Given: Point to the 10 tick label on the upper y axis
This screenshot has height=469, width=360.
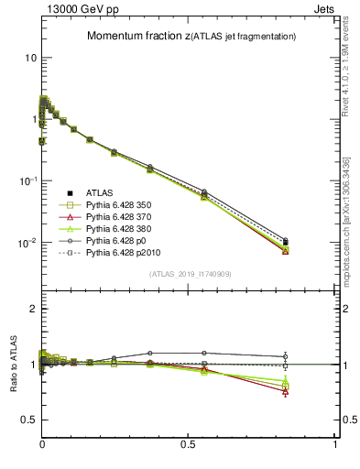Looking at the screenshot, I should pyautogui.click(x=30, y=58).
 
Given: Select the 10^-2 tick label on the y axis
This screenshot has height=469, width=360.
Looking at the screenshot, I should pyautogui.click(x=27, y=244).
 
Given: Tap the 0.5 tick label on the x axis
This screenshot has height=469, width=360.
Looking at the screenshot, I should pyautogui.click(x=189, y=444).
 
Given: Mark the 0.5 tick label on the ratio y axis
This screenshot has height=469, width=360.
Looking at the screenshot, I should pyautogui.click(x=28, y=420).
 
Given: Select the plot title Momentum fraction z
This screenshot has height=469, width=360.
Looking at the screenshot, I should pyautogui.click(x=191, y=36).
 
